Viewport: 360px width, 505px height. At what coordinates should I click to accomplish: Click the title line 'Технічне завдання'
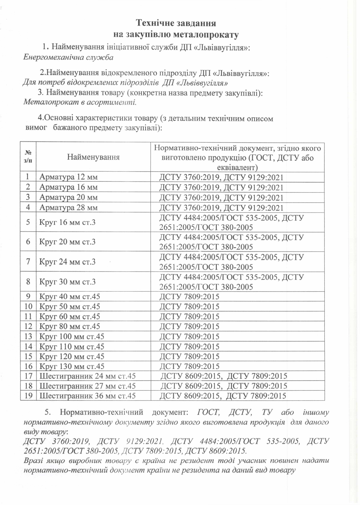tap(176, 23)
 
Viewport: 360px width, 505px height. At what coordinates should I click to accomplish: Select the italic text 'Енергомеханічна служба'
tap(68, 57)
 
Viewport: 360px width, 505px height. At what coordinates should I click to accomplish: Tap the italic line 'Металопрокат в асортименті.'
tap(80, 102)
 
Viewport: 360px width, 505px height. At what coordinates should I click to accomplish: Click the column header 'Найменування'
tap(93, 157)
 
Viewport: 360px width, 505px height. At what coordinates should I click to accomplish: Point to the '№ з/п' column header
tap(28, 157)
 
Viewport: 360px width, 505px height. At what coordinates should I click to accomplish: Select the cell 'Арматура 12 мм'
tap(68, 177)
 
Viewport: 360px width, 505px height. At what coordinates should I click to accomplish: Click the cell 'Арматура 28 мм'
tap(68, 208)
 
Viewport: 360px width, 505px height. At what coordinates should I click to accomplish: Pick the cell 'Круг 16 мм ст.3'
tap(67, 222)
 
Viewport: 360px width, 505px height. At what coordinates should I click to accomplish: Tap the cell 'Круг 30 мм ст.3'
tap(67, 282)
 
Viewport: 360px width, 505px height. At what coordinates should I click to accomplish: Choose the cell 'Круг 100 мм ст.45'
tap(72, 336)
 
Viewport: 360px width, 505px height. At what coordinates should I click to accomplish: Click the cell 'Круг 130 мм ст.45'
tap(72, 366)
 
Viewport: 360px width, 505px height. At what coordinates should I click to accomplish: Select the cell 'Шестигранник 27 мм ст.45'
tap(87, 386)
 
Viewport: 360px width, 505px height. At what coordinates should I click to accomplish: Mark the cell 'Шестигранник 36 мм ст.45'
tap(87, 396)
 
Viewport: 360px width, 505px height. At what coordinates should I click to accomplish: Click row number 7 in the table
tap(28, 262)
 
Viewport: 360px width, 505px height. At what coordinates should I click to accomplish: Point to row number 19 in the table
tap(28, 396)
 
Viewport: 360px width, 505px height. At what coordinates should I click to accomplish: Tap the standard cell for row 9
tap(189, 297)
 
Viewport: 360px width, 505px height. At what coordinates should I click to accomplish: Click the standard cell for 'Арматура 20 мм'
tap(221, 198)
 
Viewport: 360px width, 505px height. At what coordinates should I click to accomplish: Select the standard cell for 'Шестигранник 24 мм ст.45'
tap(224, 376)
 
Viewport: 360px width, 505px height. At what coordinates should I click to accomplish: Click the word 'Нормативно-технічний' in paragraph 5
tap(101, 412)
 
